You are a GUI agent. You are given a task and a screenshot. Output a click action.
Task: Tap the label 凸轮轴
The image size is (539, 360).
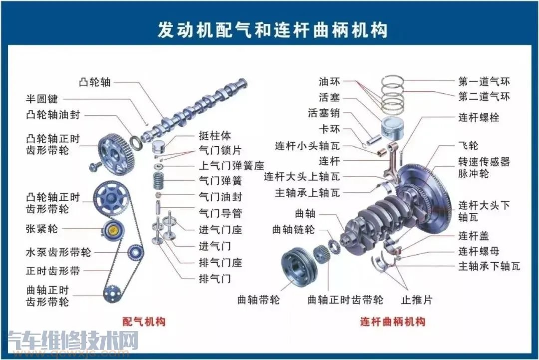(95, 82)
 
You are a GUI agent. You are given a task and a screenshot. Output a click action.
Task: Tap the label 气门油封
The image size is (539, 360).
(221, 197)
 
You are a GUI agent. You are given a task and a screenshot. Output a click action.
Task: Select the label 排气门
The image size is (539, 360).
(215, 278)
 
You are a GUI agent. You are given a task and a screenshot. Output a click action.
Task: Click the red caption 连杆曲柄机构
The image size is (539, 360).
(392, 322)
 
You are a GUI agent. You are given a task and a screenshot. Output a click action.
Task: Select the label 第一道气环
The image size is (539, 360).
(484, 81)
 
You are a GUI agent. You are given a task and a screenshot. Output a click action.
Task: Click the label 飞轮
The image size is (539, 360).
(468, 146)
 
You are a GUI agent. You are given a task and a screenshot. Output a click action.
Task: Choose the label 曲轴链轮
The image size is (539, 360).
(293, 230)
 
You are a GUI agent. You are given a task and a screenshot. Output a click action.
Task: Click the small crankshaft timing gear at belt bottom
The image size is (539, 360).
(112, 293)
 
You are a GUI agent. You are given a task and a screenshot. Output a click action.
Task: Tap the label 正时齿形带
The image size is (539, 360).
(53, 271)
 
